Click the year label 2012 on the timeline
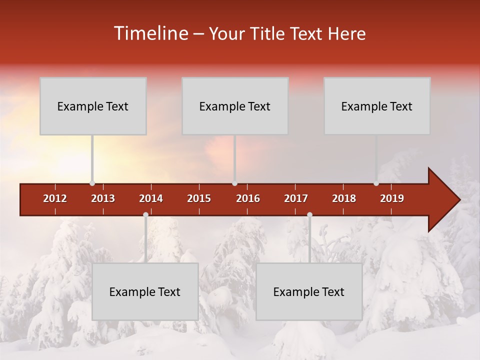point(55,198)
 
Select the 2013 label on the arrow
point(103,198)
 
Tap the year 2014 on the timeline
point(151,198)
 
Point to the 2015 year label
point(199,198)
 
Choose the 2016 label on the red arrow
point(248,198)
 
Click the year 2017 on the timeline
point(296,198)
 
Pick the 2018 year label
point(344,198)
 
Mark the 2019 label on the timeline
point(392,198)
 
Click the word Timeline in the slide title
point(150,33)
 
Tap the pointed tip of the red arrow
point(458,200)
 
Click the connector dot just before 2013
point(92,183)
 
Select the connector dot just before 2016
point(234,183)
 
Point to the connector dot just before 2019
point(376,183)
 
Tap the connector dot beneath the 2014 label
point(145,215)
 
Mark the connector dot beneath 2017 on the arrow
point(309,215)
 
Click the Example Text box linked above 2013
point(93,106)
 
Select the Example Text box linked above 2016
point(235,106)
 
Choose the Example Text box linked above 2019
point(377,106)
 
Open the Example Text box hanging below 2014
point(145,291)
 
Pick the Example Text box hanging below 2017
point(309,291)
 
